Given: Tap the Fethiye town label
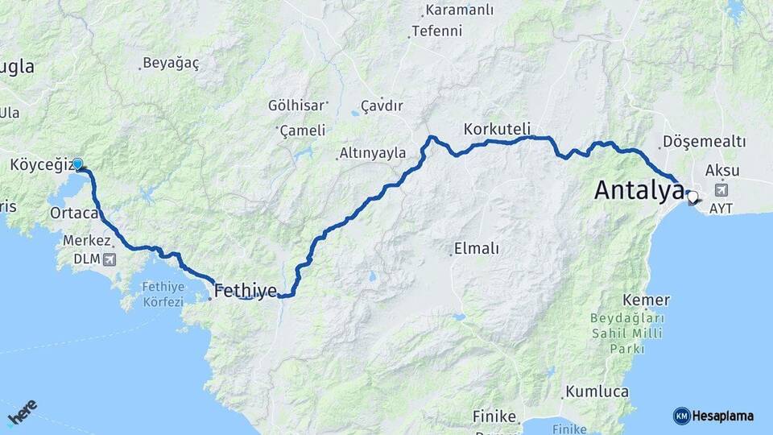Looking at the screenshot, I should pos(246,290).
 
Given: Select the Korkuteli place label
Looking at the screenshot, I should pos(497,128).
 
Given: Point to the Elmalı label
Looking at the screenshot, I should pos(477,249).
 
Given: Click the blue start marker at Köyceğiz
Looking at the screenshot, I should pos(78,164).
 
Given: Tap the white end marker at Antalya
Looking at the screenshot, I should pos(692,196).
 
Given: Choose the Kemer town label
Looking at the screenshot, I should pos(646,300).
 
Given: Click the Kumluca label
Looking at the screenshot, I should pos(597,391).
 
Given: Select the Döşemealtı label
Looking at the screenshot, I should pos(705,142).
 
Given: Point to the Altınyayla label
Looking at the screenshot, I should pos(372,152).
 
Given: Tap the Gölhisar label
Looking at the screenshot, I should pos(296,105).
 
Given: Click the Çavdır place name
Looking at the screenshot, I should pos(382,105).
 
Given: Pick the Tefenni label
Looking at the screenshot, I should pos(436,31).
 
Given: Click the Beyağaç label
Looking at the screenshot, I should pos(170,63).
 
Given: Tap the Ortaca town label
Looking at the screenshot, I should pos(73,213).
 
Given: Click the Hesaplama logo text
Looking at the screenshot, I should pos(724,416).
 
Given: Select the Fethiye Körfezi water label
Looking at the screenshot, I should pos(163,294).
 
